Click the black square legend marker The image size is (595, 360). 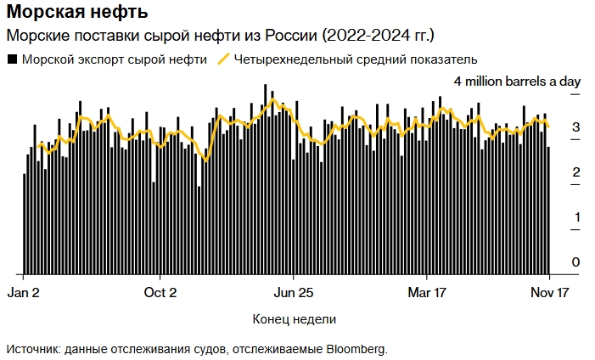(x=12, y=59)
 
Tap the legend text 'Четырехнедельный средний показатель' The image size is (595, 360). (x=356, y=59)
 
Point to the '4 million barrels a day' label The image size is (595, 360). (x=516, y=82)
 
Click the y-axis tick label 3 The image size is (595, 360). (x=575, y=127)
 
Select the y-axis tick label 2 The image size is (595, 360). (x=575, y=172)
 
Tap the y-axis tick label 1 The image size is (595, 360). (x=575, y=217)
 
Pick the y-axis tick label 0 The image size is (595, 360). (x=575, y=262)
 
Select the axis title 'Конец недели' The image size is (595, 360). (x=294, y=319)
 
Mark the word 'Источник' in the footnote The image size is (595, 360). (x=31, y=348)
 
